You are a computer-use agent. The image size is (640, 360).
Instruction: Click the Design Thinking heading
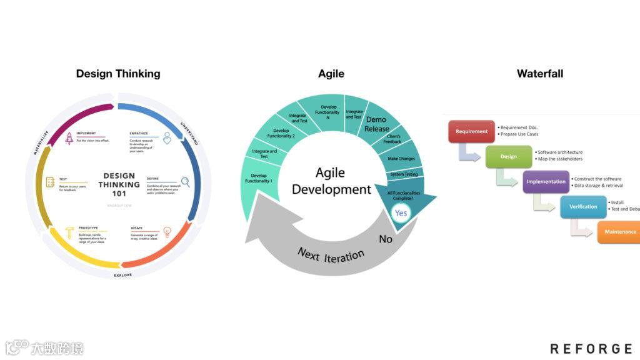point(118,74)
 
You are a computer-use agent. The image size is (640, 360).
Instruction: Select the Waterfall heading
point(539,74)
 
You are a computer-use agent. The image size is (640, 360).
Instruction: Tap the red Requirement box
point(471,131)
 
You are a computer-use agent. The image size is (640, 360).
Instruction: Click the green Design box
point(508,156)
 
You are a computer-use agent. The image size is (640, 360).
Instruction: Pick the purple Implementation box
point(546,181)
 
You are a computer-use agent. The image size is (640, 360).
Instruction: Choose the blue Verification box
point(582,206)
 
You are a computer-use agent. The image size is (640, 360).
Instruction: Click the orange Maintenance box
point(619,232)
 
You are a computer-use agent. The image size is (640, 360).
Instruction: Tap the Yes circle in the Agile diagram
point(401,213)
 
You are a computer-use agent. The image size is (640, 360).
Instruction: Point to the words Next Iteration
point(331,254)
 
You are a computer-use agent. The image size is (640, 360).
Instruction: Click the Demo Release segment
point(376,124)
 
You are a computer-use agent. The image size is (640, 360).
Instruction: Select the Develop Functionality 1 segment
point(258,178)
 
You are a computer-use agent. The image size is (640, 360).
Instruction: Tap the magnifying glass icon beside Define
point(185,182)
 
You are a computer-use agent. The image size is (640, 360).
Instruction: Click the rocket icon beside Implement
point(69,138)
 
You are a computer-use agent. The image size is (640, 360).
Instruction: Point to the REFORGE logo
point(591,348)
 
